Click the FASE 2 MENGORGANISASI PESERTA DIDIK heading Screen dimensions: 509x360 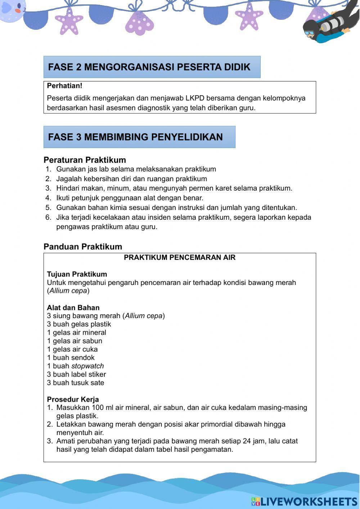click(x=149, y=67)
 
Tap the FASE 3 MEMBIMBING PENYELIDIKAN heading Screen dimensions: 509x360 click(x=135, y=137)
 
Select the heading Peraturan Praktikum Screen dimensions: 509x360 click(x=85, y=160)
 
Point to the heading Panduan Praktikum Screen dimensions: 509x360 click(x=83, y=246)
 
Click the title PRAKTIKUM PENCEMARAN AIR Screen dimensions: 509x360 click(x=180, y=257)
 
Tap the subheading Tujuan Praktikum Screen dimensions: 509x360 click(x=77, y=274)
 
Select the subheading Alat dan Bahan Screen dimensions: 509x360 click(x=73, y=308)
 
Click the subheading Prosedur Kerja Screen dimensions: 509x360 click(x=73, y=399)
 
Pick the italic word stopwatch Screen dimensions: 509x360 click(x=87, y=366)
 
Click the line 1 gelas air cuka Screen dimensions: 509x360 click(x=72, y=349)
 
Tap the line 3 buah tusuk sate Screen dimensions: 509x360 click(x=75, y=383)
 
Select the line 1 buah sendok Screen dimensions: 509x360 click(x=71, y=357)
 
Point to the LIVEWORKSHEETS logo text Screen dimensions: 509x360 click(x=308, y=501)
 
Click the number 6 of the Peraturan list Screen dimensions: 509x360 click(x=48, y=217)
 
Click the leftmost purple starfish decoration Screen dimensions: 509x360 click(x=69, y=21)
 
